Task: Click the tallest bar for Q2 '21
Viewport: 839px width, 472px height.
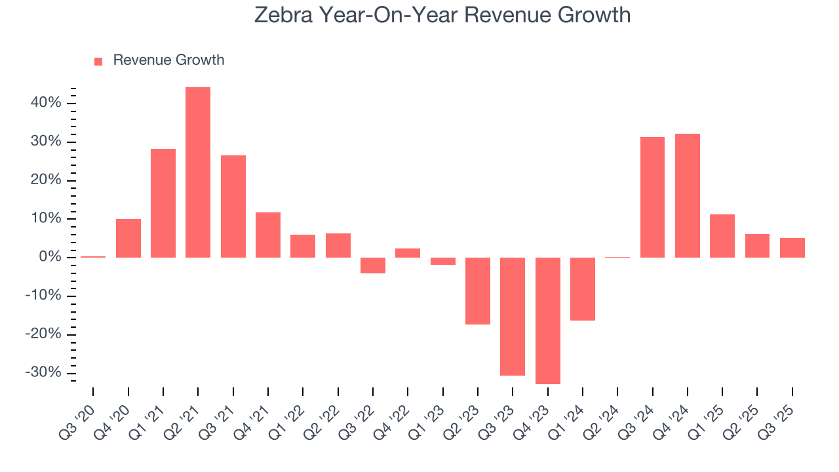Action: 198,172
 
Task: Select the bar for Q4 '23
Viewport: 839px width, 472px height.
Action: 548,321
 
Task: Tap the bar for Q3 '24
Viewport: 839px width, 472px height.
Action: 652,197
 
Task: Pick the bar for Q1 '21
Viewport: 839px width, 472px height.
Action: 163,203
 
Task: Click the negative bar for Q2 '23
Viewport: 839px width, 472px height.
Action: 478,291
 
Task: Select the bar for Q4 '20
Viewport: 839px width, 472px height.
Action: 128,238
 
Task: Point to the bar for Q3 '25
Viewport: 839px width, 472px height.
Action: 792,248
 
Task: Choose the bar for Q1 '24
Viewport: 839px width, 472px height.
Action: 583,289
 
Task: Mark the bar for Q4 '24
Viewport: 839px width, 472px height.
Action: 688,195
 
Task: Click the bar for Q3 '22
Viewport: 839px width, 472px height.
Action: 373,265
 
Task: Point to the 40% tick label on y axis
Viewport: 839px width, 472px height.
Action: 45,104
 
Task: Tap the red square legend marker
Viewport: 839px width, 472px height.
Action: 98,61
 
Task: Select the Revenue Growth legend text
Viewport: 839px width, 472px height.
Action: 168,60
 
